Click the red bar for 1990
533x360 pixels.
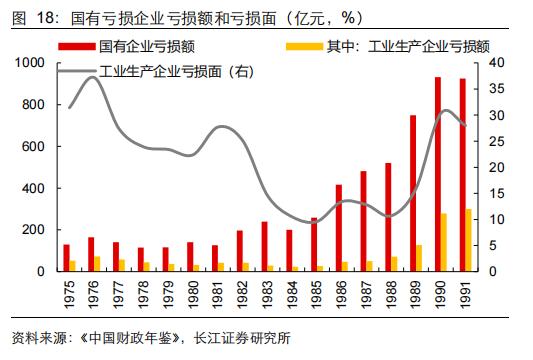(x=438, y=174)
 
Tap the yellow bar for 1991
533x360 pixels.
(x=468, y=240)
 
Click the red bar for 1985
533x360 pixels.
(x=314, y=244)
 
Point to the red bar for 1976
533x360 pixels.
(x=92, y=254)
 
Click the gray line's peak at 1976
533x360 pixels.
(x=93, y=77)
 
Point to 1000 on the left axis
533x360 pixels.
(x=33, y=63)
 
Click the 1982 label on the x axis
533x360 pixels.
(x=241, y=293)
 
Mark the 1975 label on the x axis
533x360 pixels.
(x=69, y=293)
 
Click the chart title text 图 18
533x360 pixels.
(x=29, y=17)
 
